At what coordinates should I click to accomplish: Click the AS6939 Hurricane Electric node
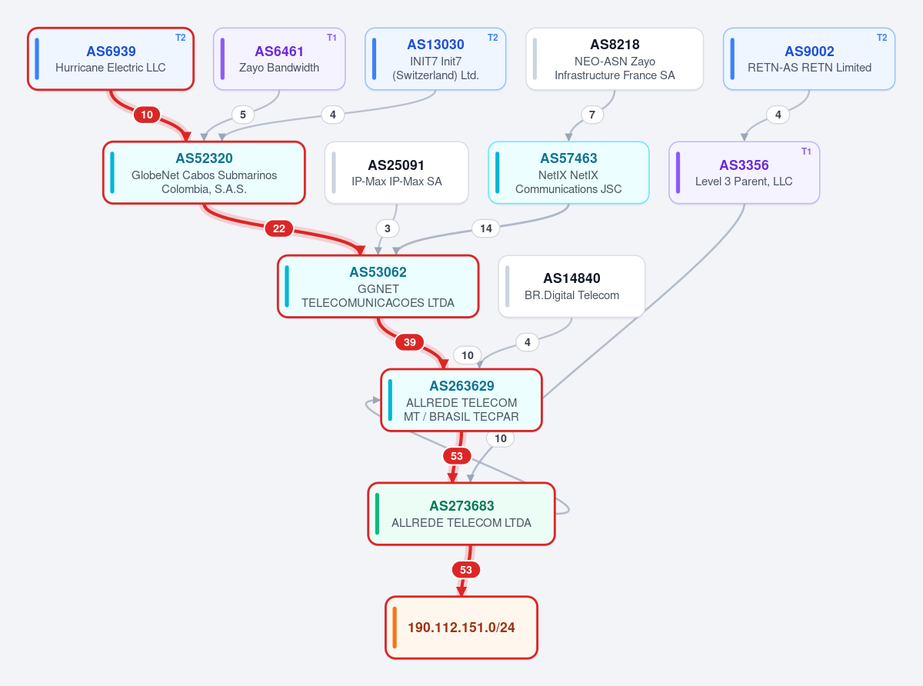tap(111, 58)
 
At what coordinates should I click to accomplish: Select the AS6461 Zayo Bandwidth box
tap(279, 58)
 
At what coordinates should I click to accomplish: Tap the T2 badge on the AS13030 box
tap(493, 38)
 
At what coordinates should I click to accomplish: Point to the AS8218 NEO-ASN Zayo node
tap(615, 58)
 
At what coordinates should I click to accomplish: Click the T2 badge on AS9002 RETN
tap(881, 38)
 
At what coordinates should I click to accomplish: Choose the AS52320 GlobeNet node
tap(204, 173)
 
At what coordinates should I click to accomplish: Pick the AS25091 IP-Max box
tap(397, 173)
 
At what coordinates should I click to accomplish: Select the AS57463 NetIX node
tap(568, 173)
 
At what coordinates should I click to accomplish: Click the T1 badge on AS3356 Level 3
tap(806, 152)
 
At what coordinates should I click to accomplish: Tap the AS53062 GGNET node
tap(378, 286)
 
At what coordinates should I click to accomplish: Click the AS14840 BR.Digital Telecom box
tap(571, 286)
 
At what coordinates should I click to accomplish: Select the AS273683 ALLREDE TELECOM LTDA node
tap(461, 514)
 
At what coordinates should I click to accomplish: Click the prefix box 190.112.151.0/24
tap(461, 628)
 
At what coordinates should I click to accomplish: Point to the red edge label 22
tap(278, 228)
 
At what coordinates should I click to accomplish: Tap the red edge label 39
tap(410, 342)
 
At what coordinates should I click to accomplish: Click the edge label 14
tap(485, 228)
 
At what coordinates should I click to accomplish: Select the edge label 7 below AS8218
tap(591, 115)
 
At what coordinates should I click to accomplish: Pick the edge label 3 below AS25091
tap(388, 228)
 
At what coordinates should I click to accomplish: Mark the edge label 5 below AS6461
tap(243, 115)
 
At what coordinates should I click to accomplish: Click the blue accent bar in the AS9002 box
tap(732, 58)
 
